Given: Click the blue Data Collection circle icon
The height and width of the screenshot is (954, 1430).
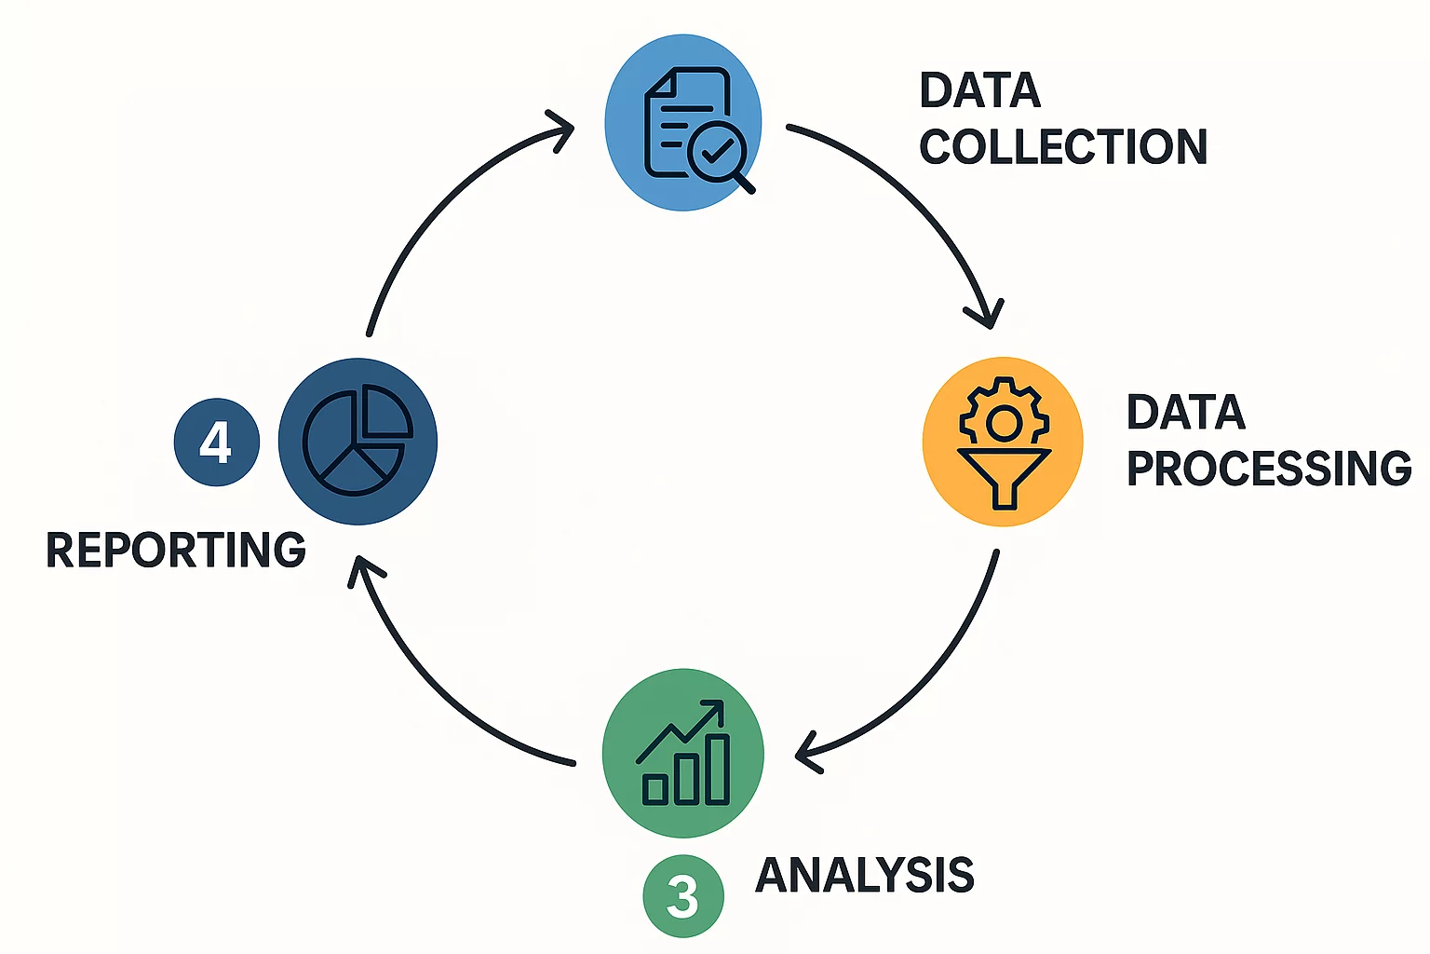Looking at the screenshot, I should [x=682, y=122].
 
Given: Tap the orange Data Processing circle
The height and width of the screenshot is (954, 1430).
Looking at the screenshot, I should [x=1003, y=441].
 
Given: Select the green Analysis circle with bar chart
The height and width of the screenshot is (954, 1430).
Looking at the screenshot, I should [x=682, y=753].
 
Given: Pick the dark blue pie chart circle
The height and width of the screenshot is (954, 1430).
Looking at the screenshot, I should [x=357, y=441].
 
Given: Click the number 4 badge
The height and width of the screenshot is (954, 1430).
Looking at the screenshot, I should [x=216, y=442].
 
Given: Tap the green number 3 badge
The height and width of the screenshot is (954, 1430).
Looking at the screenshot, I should [x=682, y=896].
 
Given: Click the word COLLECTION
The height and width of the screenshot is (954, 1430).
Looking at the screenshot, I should [x=1063, y=147].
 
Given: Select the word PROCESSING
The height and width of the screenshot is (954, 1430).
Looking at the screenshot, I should [x=1269, y=468].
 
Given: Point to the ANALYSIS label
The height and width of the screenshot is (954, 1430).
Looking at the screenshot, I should [x=865, y=875].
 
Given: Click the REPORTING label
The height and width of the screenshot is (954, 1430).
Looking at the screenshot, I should [x=176, y=550].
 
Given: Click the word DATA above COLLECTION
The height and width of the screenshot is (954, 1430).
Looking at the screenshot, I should [x=980, y=90].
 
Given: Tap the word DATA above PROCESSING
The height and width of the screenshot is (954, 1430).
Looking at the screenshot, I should [x=1186, y=412].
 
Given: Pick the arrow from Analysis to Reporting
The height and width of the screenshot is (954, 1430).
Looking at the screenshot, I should [x=438, y=689].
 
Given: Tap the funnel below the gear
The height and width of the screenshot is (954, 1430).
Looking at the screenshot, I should [x=1004, y=475].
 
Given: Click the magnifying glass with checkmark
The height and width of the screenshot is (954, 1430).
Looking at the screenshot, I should [x=717, y=151].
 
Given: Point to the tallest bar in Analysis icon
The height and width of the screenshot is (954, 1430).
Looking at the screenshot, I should [x=717, y=770].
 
